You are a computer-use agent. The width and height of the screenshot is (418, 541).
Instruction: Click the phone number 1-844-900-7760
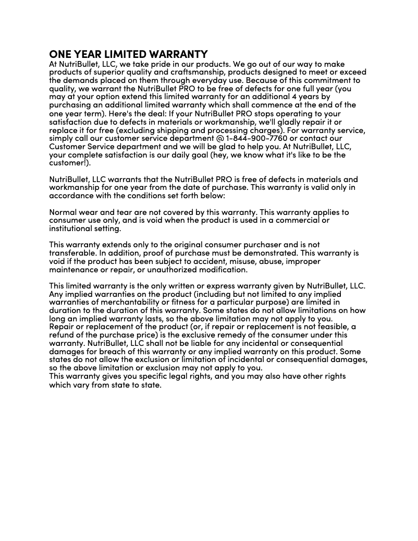pyautogui.click(x=256, y=138)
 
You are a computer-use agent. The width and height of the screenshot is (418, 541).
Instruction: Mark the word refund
pyautogui.click(x=62, y=335)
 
